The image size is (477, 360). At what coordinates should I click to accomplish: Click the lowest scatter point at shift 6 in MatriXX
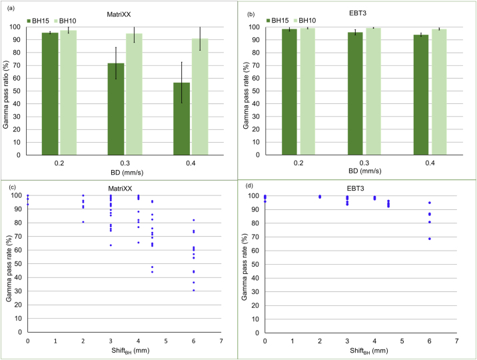pyautogui.click(x=194, y=290)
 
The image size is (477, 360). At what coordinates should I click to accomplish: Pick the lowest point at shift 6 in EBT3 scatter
pyautogui.click(x=430, y=239)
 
